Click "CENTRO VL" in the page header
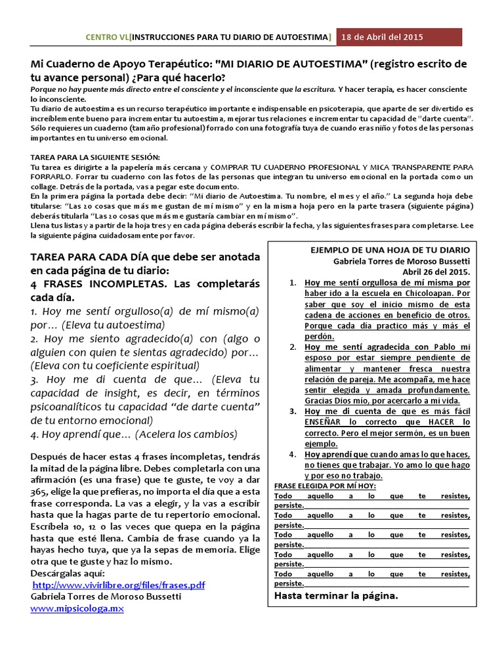108,37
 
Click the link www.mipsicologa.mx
77,609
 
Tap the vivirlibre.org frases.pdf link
119,585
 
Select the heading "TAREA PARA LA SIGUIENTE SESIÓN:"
95,158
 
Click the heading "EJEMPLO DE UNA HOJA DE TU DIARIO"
399,250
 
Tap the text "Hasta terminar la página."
335,596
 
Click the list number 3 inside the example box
292,411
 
